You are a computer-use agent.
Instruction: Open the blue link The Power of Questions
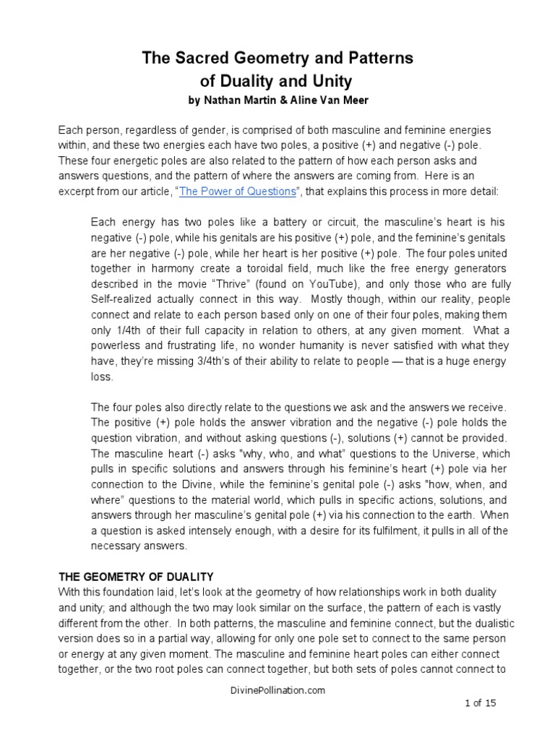pos(238,191)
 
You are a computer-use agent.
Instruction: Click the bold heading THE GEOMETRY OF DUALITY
pos(135,576)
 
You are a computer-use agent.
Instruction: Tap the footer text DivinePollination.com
pos(277,690)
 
